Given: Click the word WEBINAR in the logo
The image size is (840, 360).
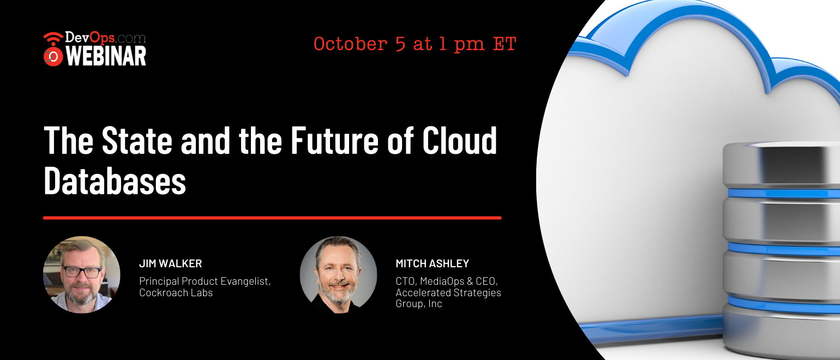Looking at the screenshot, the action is [x=106, y=57].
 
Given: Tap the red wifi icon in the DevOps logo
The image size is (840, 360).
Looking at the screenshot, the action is [x=53, y=49].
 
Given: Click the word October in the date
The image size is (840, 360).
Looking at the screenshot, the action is [x=351, y=44].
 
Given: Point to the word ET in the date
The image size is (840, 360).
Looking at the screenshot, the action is [x=505, y=44].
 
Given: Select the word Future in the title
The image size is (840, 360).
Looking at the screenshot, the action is [x=334, y=140].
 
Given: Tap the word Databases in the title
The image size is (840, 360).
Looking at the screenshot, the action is [x=115, y=181].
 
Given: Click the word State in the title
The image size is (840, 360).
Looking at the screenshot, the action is [x=137, y=140].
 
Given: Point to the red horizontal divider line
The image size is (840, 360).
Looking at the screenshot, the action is [x=272, y=218].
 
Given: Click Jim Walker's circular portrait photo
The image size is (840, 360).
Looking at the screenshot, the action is [x=82, y=274].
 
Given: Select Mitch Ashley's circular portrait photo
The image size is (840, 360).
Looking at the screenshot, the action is [x=339, y=274].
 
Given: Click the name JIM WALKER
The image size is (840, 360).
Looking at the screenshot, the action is [x=170, y=263].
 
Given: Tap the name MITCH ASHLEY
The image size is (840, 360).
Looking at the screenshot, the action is [x=433, y=263].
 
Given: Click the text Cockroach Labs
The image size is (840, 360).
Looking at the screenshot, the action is [x=176, y=292].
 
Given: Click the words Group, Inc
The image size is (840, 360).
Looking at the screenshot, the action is [x=419, y=304].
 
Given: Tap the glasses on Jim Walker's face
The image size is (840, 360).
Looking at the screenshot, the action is [x=81, y=272].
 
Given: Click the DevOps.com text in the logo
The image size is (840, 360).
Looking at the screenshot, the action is [x=105, y=38].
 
